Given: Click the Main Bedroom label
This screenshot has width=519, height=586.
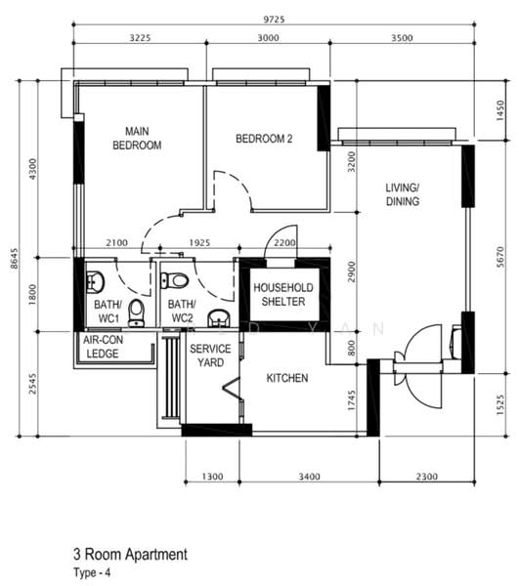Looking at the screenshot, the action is pyautogui.click(x=137, y=138).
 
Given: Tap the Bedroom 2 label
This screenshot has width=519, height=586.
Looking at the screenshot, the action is pyautogui.click(x=264, y=139).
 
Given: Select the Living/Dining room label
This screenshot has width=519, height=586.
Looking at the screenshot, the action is pyautogui.click(x=403, y=194).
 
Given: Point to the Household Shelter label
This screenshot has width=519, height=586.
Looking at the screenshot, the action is pyautogui.click(x=283, y=295).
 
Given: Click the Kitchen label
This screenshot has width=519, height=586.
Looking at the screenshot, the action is pyautogui.click(x=287, y=378).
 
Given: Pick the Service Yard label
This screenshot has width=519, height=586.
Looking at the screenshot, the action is pyautogui.click(x=210, y=356).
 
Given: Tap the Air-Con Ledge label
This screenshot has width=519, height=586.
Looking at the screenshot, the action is pyautogui.click(x=103, y=347).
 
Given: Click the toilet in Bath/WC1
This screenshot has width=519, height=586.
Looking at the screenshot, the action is pyautogui.click(x=136, y=313).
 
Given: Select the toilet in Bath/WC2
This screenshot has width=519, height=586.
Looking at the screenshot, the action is pyautogui.click(x=174, y=280).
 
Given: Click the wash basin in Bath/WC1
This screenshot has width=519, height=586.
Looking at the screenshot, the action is pyautogui.click(x=95, y=282).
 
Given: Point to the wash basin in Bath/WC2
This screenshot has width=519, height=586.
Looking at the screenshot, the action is pyautogui.click(x=220, y=318).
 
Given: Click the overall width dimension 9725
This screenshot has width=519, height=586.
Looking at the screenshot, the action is pyautogui.click(x=274, y=20).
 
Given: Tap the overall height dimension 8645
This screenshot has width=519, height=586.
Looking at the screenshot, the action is pyautogui.click(x=14, y=258).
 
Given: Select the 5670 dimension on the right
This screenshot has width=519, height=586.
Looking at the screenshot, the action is pyautogui.click(x=500, y=257).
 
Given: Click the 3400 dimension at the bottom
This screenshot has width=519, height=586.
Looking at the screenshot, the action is pyautogui.click(x=309, y=477).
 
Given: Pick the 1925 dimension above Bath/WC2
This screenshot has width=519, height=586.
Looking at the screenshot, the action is pyautogui.click(x=199, y=243).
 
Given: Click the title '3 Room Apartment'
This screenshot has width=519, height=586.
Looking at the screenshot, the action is pyautogui.click(x=131, y=554).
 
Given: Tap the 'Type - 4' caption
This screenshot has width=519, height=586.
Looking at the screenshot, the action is pyautogui.click(x=92, y=572).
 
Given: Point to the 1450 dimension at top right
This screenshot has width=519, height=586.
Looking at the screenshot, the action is pyautogui.click(x=500, y=110).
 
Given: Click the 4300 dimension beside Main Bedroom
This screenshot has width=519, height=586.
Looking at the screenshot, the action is pyautogui.click(x=33, y=169).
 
